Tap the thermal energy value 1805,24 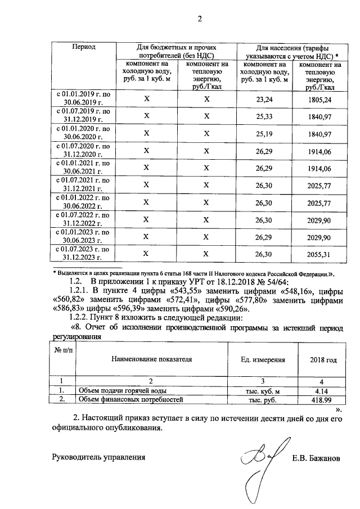pos(321,99)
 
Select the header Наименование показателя pos(151,359)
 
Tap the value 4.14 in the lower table pos(322,390)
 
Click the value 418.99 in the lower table pos(322,399)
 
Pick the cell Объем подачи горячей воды pos(122,390)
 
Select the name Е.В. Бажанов pos(316,458)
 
